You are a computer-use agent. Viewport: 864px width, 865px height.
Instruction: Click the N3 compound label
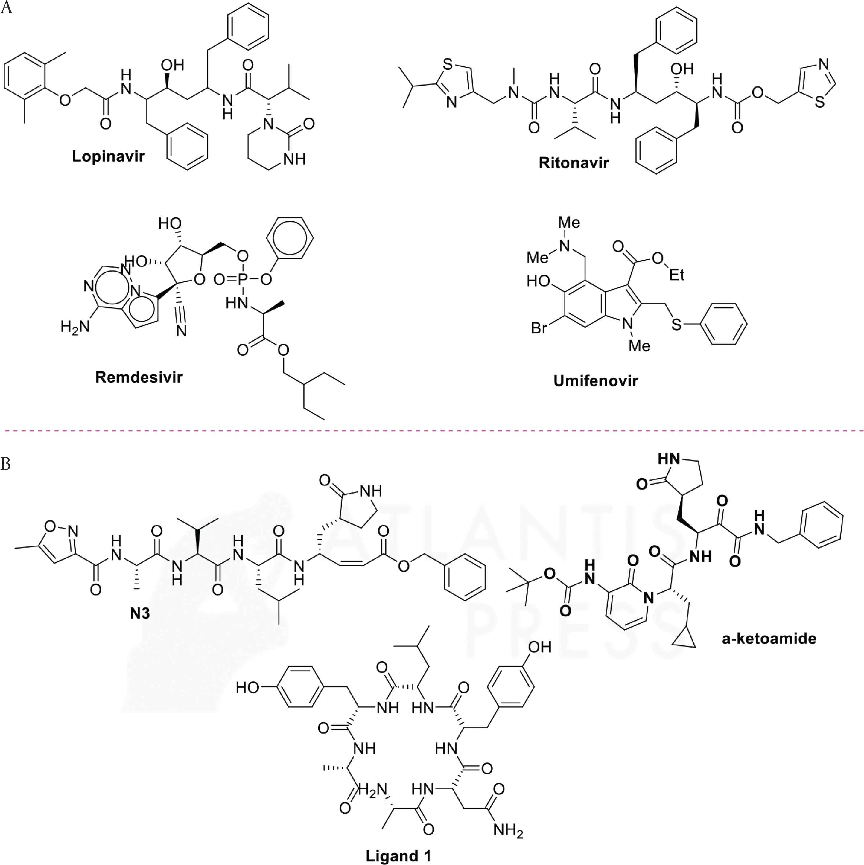click(x=140, y=613)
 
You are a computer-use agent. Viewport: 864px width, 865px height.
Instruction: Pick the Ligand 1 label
click(x=398, y=856)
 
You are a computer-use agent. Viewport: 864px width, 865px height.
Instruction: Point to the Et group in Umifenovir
click(x=677, y=275)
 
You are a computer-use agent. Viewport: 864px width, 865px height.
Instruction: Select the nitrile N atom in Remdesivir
click(x=181, y=331)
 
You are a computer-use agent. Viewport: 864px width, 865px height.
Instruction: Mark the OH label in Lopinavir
click(x=172, y=66)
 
